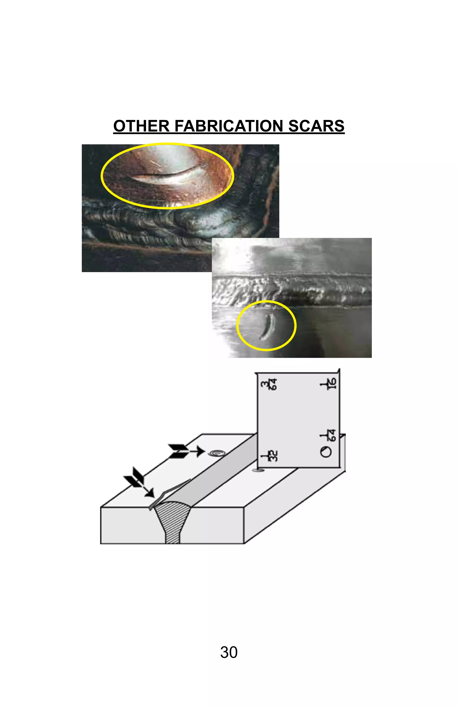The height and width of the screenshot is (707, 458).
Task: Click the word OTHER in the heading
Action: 141,126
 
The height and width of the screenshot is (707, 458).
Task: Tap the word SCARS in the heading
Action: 316,126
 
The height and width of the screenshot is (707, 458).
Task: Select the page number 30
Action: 229,652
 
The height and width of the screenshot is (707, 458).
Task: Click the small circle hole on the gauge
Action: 325,452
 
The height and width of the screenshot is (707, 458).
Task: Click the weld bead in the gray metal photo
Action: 291,291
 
